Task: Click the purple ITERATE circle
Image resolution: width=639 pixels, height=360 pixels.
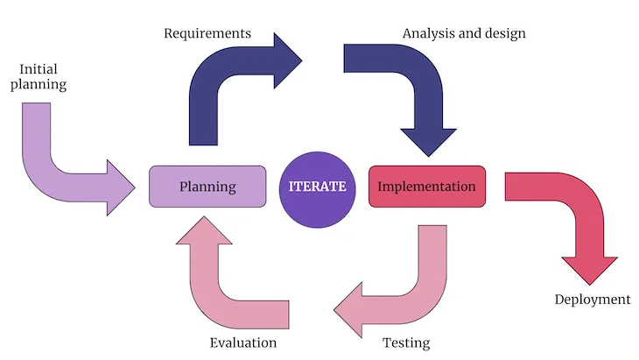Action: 318,187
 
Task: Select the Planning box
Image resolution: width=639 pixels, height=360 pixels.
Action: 207,187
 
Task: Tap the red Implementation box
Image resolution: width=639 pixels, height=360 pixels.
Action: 426,187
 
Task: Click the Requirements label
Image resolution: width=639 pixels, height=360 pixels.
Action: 207,33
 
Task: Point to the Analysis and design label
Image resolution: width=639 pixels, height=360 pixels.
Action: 464,33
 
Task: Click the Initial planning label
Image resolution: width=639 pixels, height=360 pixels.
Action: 42,76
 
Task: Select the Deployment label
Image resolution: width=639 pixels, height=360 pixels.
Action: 592,300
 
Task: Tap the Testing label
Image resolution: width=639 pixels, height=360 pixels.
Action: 406,342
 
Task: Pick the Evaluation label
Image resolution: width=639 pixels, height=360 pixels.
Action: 243,342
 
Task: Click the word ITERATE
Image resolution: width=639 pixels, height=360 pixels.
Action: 318,187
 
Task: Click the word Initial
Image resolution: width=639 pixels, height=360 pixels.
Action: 39,67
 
